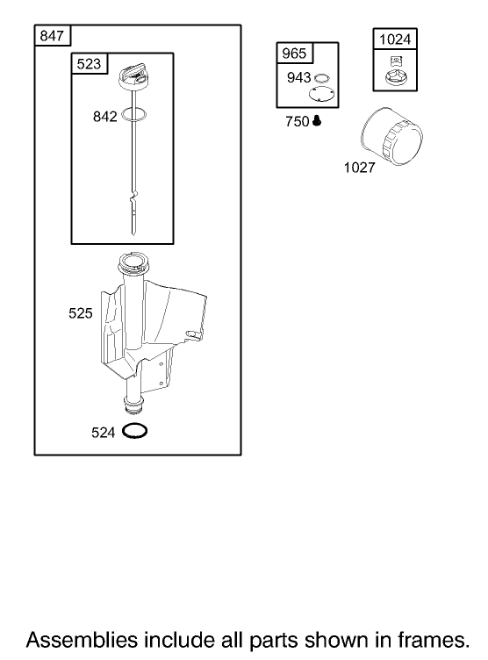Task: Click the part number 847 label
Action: click(52, 36)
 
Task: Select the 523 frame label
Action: click(89, 64)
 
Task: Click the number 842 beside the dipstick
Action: click(104, 117)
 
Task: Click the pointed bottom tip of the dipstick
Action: click(134, 234)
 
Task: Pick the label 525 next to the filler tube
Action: click(81, 313)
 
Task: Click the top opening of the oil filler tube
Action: click(134, 262)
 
